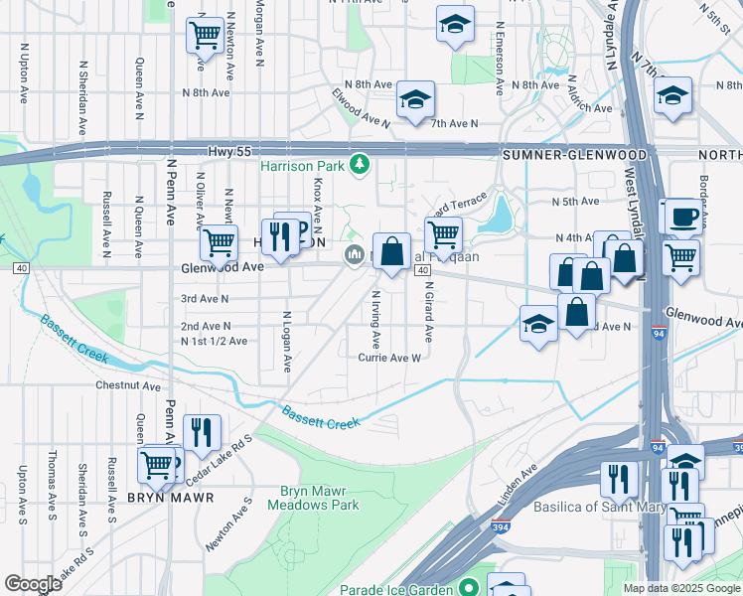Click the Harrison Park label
coord(301,166)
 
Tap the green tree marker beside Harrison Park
coord(365,164)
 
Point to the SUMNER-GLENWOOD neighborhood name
coord(574,155)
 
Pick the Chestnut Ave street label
coord(128,385)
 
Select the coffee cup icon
coord(682,217)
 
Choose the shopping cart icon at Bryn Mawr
coord(156,464)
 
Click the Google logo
coord(34,584)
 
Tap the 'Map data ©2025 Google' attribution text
coord(680,589)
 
